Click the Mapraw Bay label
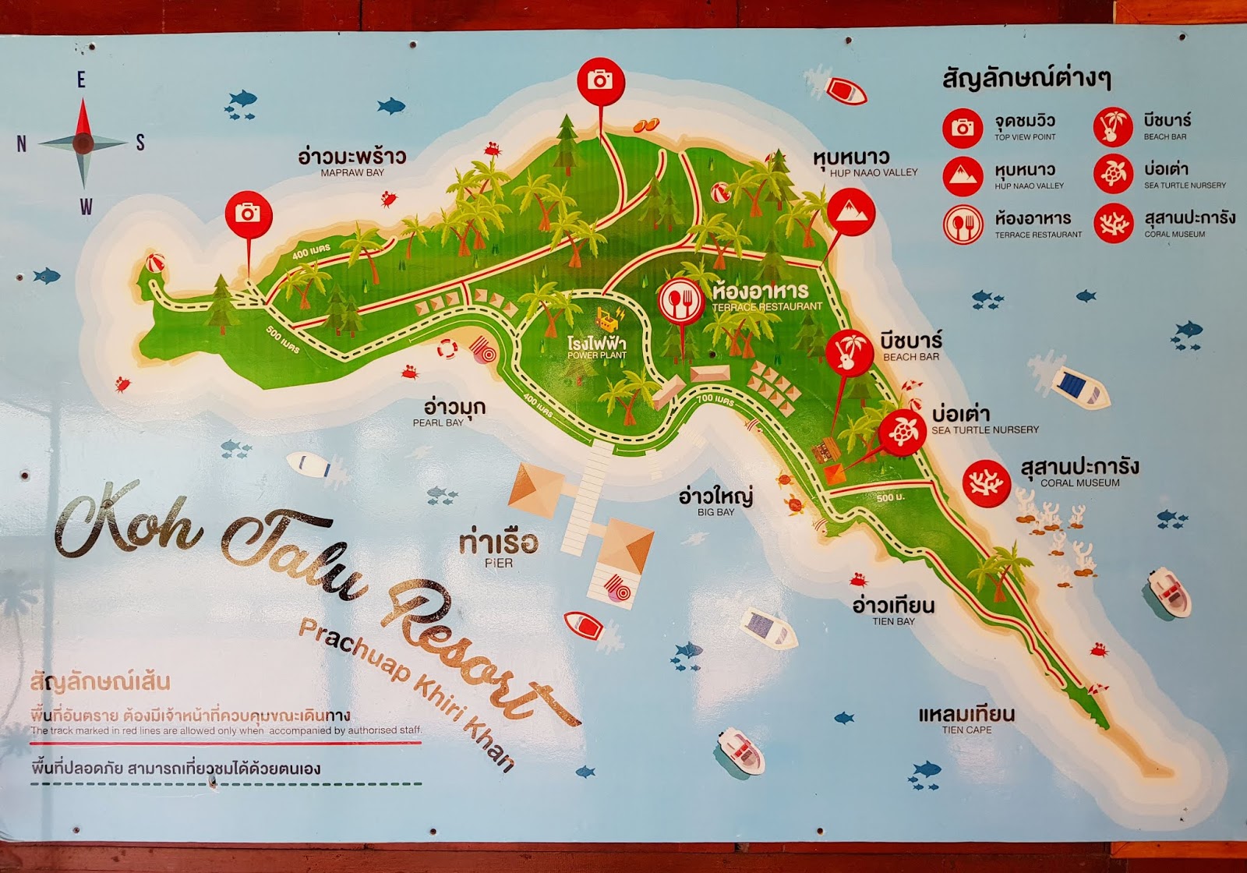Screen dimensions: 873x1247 point(352,161)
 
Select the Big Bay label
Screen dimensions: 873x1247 point(715,501)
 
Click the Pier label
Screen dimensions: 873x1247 point(499,549)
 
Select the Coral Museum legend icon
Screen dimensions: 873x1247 point(1113,224)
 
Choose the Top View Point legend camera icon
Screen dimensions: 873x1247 point(963,128)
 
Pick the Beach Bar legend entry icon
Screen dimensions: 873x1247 point(1113,127)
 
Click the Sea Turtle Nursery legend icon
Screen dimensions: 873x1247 point(1113,175)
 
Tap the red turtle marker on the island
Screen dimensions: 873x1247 point(903,431)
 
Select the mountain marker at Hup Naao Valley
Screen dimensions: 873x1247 point(850,211)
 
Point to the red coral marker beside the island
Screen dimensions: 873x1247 point(987,483)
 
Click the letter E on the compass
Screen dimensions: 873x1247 point(81,80)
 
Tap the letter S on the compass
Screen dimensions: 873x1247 point(140,143)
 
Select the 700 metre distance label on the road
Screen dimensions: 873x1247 point(715,401)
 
